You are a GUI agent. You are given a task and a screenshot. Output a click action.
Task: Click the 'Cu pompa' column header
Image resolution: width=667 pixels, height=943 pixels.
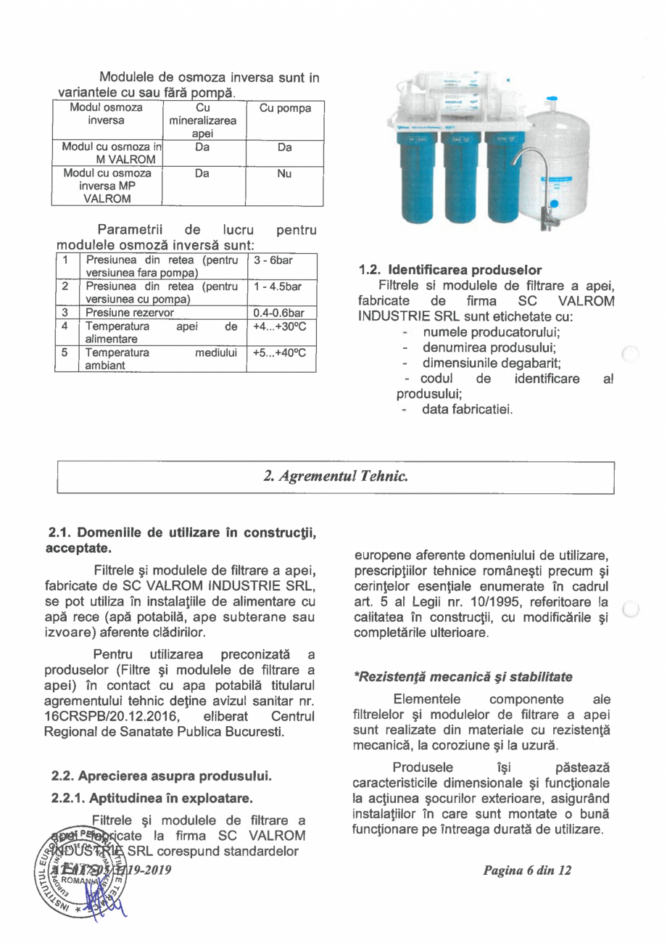pyautogui.click(x=285, y=108)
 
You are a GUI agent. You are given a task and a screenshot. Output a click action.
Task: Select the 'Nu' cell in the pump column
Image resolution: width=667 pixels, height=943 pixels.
pyautogui.click(x=284, y=174)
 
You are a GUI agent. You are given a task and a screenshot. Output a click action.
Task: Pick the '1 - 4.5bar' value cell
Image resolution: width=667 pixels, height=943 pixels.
pyautogui.click(x=276, y=287)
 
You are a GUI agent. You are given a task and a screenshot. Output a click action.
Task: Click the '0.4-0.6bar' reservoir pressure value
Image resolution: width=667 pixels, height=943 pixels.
pyautogui.click(x=278, y=313)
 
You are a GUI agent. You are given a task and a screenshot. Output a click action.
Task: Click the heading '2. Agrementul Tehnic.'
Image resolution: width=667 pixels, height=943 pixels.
pyautogui.click(x=335, y=477)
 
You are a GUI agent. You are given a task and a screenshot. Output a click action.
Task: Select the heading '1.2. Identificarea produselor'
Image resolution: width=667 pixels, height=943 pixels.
pyautogui.click(x=450, y=271)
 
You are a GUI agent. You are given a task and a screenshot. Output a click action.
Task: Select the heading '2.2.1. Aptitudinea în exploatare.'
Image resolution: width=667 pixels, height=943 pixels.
pyautogui.click(x=152, y=800)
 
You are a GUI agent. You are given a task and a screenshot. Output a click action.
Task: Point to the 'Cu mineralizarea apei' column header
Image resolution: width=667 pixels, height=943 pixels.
pyautogui.click(x=202, y=121)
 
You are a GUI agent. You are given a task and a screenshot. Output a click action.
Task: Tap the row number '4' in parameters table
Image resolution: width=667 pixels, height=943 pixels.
pyautogui.click(x=66, y=326)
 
